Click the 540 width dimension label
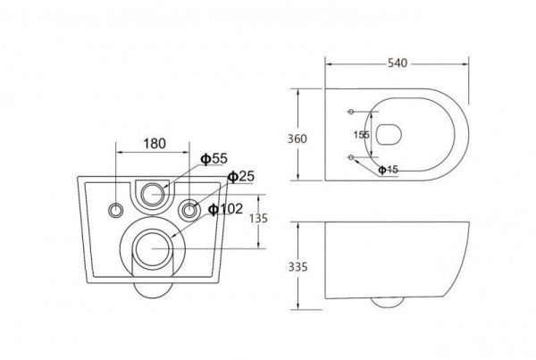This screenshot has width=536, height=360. pyautogui.click(x=398, y=63)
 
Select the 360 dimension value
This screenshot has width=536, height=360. pyautogui.click(x=297, y=138)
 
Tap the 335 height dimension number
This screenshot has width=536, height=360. pyautogui.click(x=297, y=267)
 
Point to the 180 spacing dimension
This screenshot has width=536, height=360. pyautogui.click(x=155, y=144)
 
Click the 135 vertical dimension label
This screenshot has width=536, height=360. pyautogui.click(x=258, y=218)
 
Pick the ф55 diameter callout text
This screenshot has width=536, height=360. pyautogui.click(x=214, y=159)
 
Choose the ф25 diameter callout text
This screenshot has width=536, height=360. pyautogui.click(x=241, y=176)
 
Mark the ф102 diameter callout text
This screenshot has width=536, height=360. pyautogui.click(x=226, y=209)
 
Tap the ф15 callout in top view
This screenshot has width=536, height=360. pyautogui.click(x=388, y=169)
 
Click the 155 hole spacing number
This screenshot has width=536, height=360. pyautogui.click(x=361, y=135)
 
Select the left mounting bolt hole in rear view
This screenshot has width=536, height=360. pyautogui.click(x=116, y=210)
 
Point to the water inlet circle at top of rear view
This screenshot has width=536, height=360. pyautogui.click(x=153, y=194)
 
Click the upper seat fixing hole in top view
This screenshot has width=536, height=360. pyautogui.click(x=351, y=112)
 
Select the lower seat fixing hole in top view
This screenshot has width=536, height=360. pyautogui.click(x=351, y=157)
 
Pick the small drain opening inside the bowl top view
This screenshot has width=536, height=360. pyautogui.click(x=389, y=134)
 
